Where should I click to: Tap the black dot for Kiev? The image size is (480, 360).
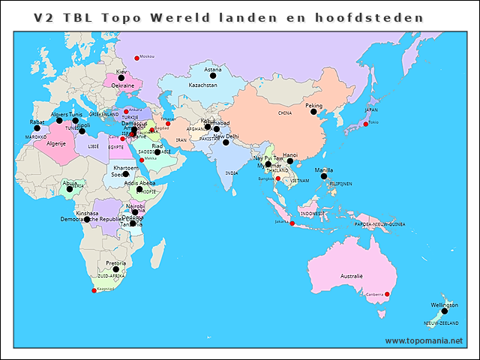coord(121,78)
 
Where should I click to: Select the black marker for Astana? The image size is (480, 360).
coord(213,76)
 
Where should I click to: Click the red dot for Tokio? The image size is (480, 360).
coord(365,124)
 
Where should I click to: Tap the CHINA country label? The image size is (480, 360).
coord(284,113)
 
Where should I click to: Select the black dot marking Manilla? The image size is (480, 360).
coord(324,177)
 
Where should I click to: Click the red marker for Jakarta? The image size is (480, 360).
coord(292,223)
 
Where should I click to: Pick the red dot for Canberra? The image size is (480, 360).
coord(388,293)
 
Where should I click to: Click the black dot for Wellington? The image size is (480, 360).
coord(445,311)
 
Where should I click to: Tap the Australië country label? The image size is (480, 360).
coord(352,277)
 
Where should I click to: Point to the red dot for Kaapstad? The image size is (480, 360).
coord(94,290)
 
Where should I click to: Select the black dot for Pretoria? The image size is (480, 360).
coord(115,270)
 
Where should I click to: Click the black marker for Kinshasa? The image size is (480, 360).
coord(87,220)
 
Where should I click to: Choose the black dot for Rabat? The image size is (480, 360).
coord(37,128)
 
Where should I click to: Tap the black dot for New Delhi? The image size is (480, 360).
coord(226,142)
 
